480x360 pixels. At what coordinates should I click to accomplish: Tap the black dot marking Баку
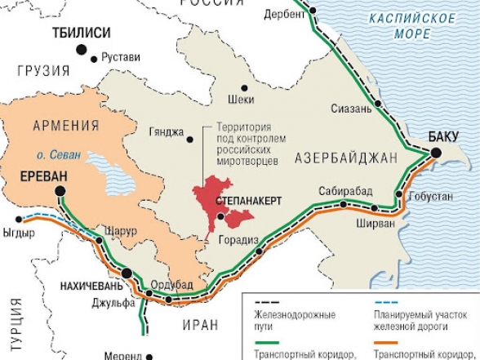[x=437, y=153]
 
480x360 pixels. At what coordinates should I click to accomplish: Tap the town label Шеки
[x=242, y=101]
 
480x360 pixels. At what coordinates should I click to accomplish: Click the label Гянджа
[x=167, y=132]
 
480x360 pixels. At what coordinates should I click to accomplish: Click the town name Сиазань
[x=352, y=109]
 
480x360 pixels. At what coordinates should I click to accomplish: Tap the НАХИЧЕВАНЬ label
[x=91, y=287]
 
